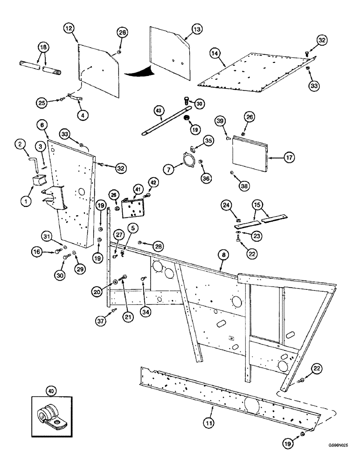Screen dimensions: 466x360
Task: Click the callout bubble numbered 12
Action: coord(69,29)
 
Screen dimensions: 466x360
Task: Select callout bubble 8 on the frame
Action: coord(223,255)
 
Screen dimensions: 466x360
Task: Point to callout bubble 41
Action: coord(137,189)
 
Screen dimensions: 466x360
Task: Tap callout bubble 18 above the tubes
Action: coord(43,49)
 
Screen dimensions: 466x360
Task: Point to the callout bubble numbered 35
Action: coord(208,140)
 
